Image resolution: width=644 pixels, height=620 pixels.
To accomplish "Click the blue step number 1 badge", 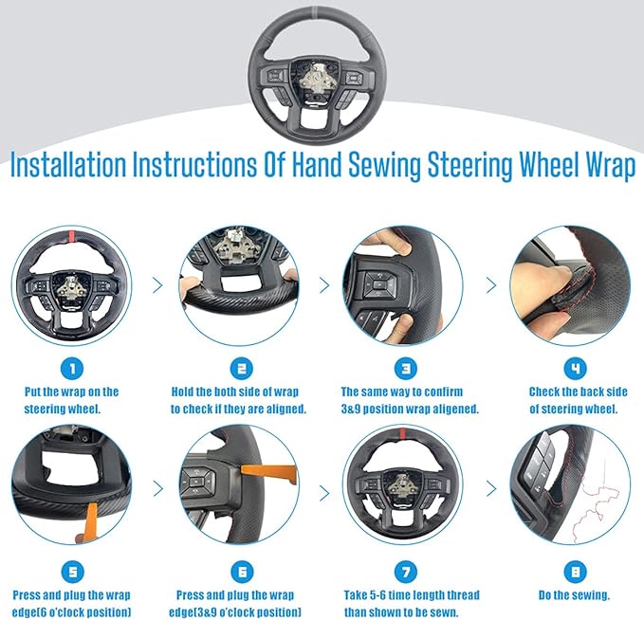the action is point(72,369).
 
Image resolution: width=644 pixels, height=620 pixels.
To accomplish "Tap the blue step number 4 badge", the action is point(575,369).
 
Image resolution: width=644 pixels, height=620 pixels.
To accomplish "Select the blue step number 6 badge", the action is point(242,572).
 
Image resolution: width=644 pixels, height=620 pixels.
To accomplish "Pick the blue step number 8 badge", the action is point(575,572).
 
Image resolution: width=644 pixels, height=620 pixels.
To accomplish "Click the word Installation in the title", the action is point(68,164).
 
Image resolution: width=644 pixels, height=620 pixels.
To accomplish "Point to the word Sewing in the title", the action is point(384,166).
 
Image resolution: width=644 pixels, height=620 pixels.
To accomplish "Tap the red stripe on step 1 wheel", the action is point(71,236).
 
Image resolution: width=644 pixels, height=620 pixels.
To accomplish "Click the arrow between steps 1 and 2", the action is point(157,285).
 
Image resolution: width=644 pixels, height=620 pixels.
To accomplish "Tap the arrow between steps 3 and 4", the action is point(491,285).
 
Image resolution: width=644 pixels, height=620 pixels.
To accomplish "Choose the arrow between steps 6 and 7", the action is point(324,493).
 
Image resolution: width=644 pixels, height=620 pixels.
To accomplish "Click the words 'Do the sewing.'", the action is point(574,595).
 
